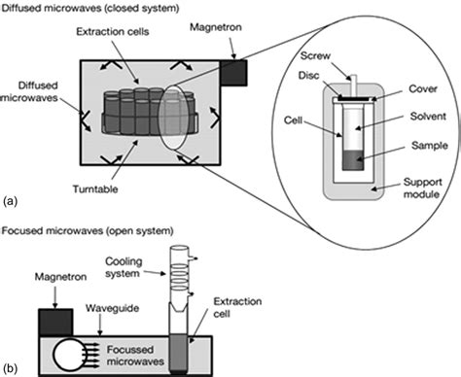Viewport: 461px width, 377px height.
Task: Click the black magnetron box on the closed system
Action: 234,71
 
